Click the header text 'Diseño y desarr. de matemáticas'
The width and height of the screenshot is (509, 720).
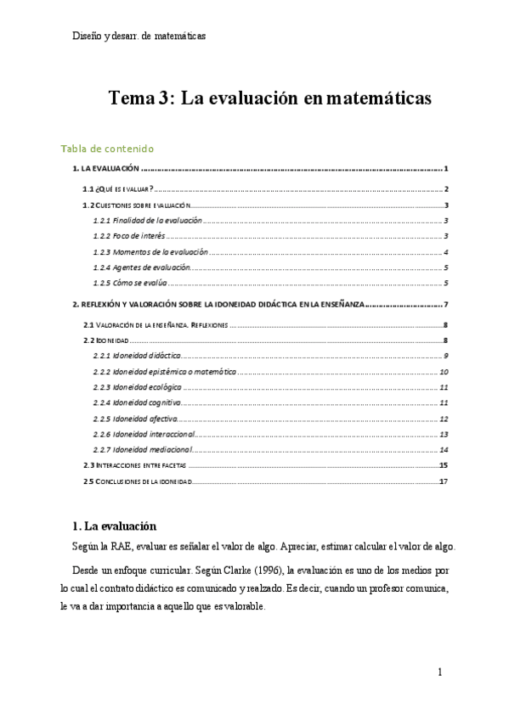tap(139, 37)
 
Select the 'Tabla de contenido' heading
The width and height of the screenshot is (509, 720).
tap(108, 149)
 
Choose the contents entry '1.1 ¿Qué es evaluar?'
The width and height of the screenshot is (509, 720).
tap(117, 189)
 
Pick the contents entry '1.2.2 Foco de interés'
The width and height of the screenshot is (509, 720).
tap(128, 236)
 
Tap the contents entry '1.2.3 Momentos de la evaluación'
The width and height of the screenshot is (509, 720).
tap(150, 252)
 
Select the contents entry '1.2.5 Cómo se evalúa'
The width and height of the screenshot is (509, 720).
tap(130, 283)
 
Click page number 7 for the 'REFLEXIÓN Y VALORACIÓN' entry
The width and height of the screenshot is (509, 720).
tap(445, 305)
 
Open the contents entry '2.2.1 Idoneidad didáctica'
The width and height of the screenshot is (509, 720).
tap(135, 355)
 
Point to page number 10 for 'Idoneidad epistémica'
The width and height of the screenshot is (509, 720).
tap(444, 371)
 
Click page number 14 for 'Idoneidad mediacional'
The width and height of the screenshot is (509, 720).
tap(444, 449)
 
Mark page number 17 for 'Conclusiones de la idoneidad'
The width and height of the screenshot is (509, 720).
tap(444, 481)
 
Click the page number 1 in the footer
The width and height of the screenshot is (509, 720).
tap(440, 672)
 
